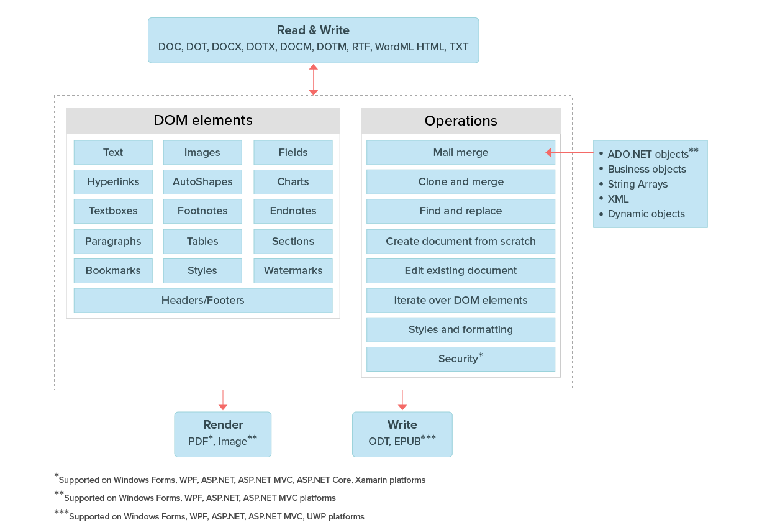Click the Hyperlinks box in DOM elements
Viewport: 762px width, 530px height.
(113, 182)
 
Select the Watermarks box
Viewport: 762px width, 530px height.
(293, 271)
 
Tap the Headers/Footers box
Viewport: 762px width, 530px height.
(203, 301)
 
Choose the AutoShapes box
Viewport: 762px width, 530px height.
(202, 182)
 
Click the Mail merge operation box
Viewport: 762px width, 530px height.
(460, 153)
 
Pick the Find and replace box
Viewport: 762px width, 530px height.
(460, 211)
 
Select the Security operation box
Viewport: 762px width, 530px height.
(460, 359)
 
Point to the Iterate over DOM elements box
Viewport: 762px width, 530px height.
(460, 301)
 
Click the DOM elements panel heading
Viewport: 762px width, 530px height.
(203, 121)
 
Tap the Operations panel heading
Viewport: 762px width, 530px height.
(460, 121)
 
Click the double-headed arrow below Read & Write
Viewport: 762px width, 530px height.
(314, 80)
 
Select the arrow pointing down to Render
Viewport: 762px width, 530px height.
(223, 400)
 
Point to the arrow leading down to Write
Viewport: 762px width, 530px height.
(402, 400)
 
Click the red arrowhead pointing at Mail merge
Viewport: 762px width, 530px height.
(549, 153)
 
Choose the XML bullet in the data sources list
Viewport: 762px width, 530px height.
(618, 199)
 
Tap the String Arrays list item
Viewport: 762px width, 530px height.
(637, 185)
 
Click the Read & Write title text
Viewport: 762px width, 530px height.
(313, 30)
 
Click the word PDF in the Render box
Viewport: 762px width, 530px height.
(198, 442)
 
